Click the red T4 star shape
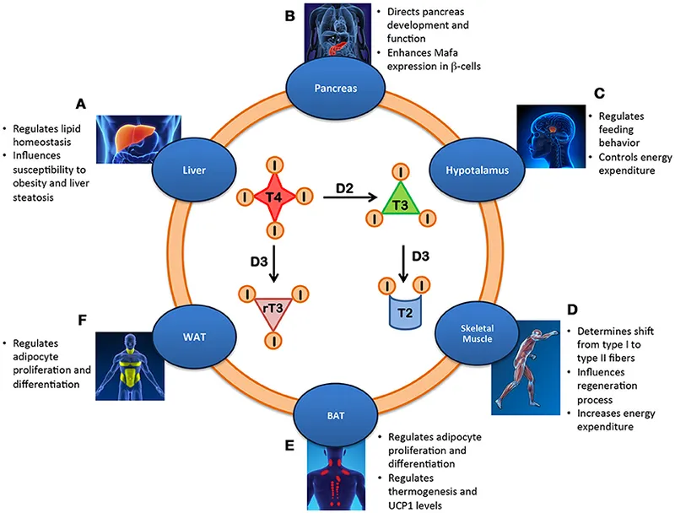click(272, 197)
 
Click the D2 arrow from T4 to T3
click(343, 199)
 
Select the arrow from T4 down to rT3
click(273, 255)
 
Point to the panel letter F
click(81, 320)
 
